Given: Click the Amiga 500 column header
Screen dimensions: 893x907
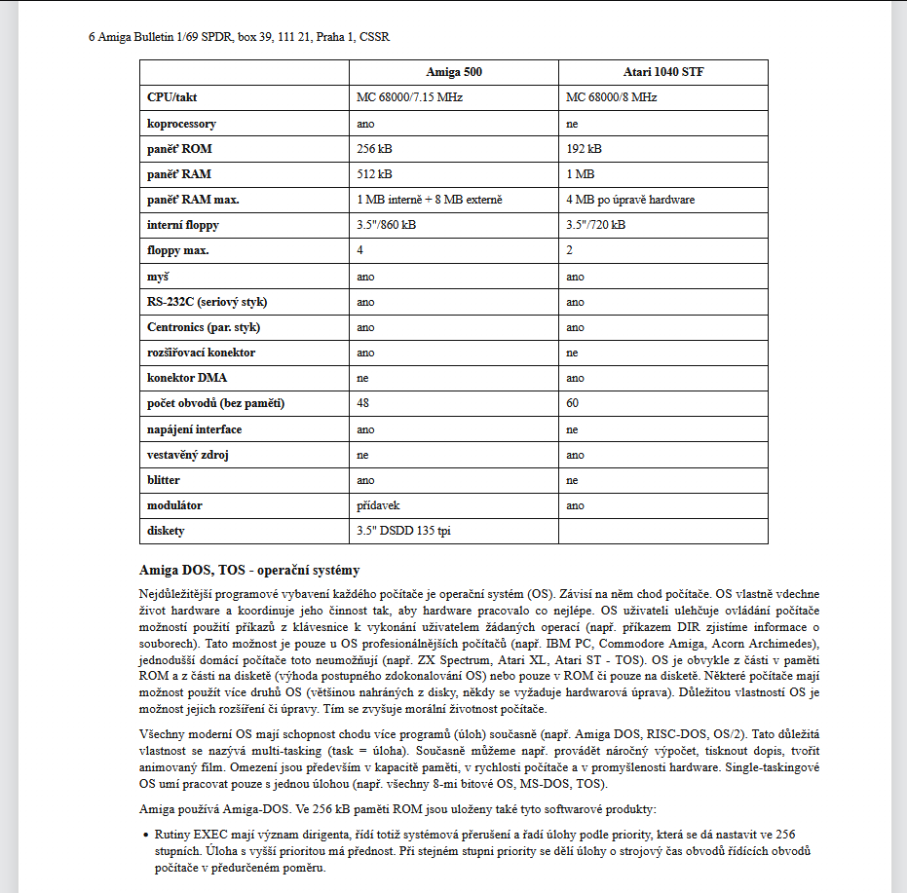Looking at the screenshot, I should [453, 73].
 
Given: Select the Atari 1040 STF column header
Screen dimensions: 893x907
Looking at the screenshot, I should [662, 73].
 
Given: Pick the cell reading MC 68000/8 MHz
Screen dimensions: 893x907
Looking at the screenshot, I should [611, 98].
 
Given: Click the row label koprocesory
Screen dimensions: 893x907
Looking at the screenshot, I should [181, 124].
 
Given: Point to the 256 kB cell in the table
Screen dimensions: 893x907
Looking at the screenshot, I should [374, 149].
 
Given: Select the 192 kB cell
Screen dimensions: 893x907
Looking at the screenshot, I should [584, 149].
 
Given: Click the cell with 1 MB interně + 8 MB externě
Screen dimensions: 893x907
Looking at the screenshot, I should [430, 200].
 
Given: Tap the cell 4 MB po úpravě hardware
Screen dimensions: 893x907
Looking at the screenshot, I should [630, 200].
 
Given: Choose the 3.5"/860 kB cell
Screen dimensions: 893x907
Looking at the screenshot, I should [387, 225].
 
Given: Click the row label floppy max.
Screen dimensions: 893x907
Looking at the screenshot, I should [178, 250].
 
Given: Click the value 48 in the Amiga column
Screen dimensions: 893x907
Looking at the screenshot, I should [363, 403].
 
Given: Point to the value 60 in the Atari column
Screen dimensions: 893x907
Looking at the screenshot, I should [573, 403].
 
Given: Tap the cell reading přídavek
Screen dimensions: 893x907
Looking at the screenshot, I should [378, 505].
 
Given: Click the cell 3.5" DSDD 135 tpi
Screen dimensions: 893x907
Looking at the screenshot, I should [402, 531].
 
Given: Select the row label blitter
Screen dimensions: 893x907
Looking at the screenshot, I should [164, 480].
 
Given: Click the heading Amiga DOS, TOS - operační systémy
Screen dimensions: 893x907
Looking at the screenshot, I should [249, 570].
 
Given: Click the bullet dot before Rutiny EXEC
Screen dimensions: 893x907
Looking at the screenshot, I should [144, 836].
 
